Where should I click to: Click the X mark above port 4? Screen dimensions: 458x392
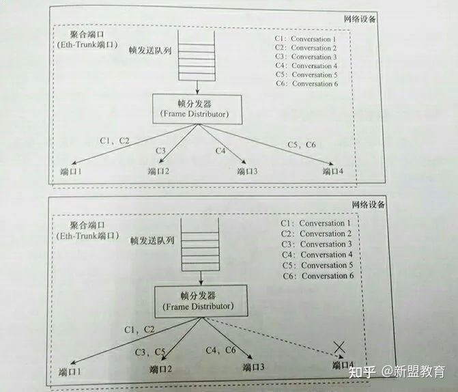point(339,347)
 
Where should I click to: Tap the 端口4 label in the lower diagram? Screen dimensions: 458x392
point(343,365)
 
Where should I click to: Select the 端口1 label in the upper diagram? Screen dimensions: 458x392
point(71,171)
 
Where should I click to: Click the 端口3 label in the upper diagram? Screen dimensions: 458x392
point(247,171)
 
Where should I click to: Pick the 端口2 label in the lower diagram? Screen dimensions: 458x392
point(160,369)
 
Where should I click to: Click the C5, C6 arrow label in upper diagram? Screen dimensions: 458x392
point(302,144)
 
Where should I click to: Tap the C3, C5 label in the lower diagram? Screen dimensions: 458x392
point(150,352)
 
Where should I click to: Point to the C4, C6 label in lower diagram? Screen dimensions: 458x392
point(220,350)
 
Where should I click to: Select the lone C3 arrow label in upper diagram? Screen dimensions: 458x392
point(160,150)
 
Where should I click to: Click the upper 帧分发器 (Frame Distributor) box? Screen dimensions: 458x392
point(197,109)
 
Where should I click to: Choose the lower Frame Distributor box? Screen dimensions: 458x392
point(201,301)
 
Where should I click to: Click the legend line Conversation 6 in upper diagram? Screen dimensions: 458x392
point(306,83)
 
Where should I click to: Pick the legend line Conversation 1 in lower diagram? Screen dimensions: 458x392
point(315,223)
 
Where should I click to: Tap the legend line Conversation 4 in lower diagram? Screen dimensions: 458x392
point(317,255)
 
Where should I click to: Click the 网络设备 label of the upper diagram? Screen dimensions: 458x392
point(360,19)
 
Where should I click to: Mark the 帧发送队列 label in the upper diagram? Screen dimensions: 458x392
point(150,51)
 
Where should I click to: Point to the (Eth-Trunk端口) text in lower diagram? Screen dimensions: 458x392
point(87,236)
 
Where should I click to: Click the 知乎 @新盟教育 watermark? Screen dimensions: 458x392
point(397,372)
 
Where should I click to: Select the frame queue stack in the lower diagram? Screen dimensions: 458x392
point(200,244)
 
